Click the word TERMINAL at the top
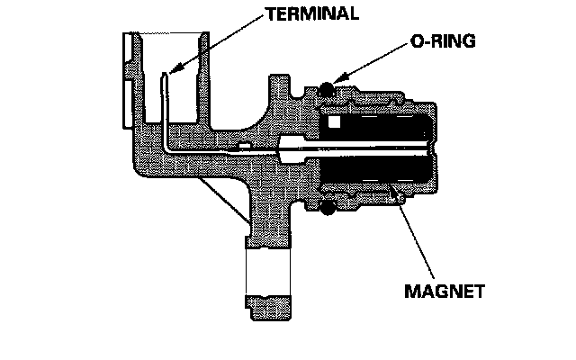click(312, 14)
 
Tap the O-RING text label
click(443, 40)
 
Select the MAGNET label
click(445, 291)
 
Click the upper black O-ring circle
click(326, 89)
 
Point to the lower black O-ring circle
click(328, 208)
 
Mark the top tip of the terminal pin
click(164, 73)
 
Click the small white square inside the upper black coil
click(334, 121)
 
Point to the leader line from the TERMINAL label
click(218, 43)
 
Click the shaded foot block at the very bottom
click(268, 308)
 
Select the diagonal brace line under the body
click(225, 201)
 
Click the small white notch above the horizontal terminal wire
click(245, 146)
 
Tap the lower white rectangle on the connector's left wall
click(127, 104)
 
